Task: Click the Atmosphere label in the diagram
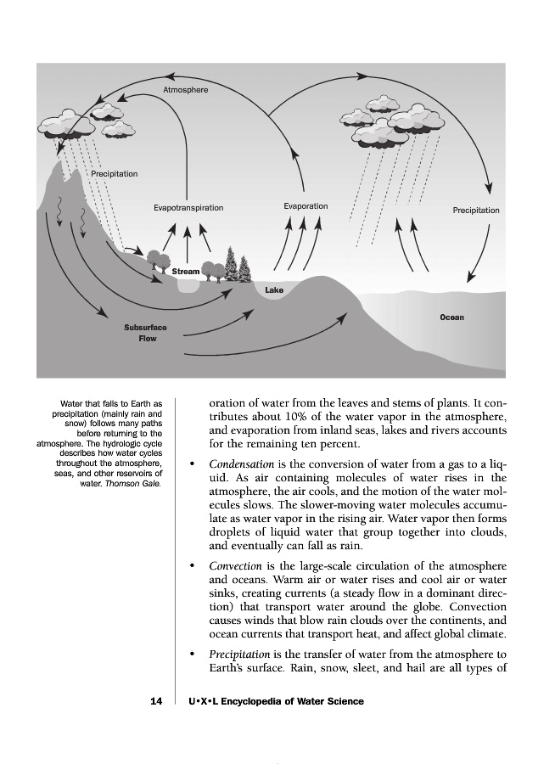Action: pyautogui.click(x=185, y=89)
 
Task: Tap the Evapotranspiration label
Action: pyautogui.click(x=188, y=207)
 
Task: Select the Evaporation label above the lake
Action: pyautogui.click(x=306, y=206)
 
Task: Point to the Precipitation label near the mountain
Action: pyautogui.click(x=114, y=174)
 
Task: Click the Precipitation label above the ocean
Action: pyautogui.click(x=476, y=211)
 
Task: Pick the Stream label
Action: pyautogui.click(x=186, y=272)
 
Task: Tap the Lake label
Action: pyautogui.click(x=274, y=290)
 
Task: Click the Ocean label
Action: pyautogui.click(x=451, y=317)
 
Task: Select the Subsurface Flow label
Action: pyautogui.click(x=146, y=333)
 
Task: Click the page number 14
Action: pyautogui.click(x=155, y=701)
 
